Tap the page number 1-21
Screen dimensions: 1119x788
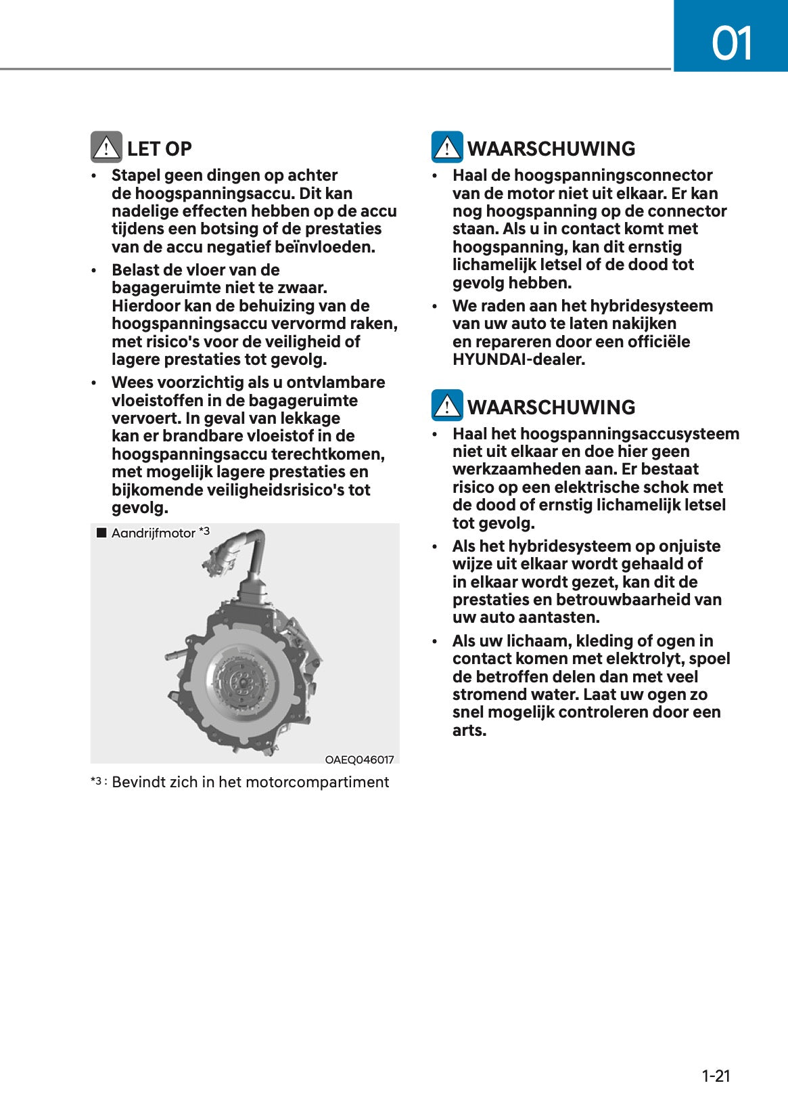coord(716,1076)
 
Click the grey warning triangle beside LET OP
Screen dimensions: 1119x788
coord(106,148)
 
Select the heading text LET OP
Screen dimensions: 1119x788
coord(159,149)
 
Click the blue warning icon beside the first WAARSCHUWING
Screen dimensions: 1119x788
coord(447,148)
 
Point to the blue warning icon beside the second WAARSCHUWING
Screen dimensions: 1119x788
coord(447,406)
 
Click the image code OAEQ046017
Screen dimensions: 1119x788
coord(359,760)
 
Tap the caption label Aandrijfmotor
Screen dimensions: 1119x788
coord(153,533)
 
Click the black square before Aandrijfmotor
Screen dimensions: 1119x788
coord(101,533)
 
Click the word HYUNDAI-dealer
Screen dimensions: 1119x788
coord(519,359)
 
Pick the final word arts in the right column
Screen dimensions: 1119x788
coord(469,730)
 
